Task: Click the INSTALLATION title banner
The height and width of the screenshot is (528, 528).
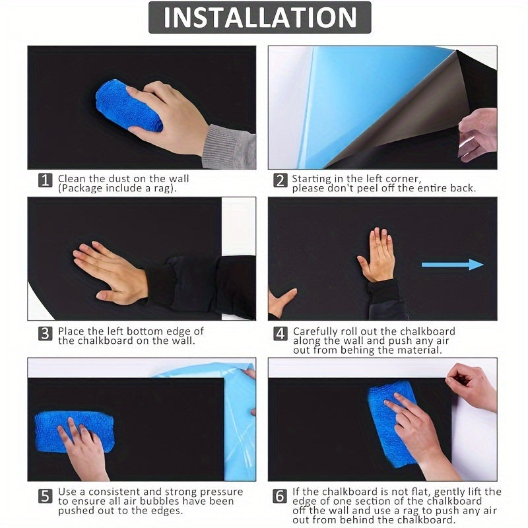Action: point(259,18)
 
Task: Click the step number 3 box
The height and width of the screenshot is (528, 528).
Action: point(45,333)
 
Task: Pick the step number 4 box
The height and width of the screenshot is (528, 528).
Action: point(280,333)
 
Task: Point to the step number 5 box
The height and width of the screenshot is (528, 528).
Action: point(45,495)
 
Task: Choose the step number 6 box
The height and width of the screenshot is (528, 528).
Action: point(280,495)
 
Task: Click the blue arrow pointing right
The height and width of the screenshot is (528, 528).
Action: point(453,265)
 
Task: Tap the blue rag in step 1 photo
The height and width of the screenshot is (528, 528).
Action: point(128,105)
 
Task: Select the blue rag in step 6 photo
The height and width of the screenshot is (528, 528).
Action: point(393,422)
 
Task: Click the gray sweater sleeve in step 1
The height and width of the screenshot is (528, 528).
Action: point(229,148)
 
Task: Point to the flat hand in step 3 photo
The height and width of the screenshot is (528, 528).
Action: point(111,271)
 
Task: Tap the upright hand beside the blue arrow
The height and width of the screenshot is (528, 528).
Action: point(378,255)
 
